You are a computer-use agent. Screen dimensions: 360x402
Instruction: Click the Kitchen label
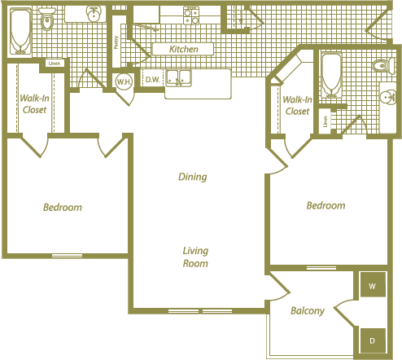pos(183,50)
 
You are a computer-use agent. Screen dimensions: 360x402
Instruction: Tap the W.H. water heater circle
pos(124,81)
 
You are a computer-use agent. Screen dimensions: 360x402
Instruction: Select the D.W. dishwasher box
pos(151,79)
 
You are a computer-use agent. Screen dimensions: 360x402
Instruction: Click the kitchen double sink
pos(178,78)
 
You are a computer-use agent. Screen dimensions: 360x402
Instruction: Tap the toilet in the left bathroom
pos(46,21)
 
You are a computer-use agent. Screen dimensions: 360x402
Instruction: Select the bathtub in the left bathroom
pos(17,31)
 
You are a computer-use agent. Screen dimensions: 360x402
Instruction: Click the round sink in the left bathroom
pos(95,13)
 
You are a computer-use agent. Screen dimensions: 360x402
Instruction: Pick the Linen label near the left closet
pos(55,63)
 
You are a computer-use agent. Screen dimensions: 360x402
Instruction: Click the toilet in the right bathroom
pos(379,66)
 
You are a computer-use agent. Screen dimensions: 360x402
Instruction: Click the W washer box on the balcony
pos(372,287)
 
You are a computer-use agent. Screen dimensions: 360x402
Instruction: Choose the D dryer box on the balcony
pos(372,339)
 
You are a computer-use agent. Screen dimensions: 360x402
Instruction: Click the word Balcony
pos(308,310)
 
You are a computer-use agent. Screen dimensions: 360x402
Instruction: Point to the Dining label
pos(193,177)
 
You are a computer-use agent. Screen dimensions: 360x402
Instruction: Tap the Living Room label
pos(195,257)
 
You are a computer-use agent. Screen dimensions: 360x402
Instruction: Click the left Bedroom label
pos(63,208)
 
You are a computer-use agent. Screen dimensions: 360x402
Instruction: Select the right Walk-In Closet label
pos(296,105)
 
